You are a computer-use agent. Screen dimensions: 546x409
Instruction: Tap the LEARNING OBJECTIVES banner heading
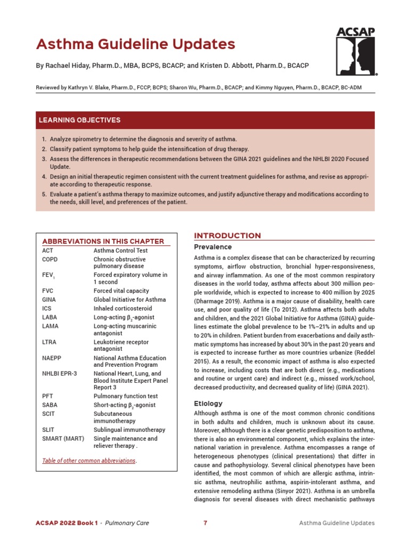pyautogui.click(x=79, y=120)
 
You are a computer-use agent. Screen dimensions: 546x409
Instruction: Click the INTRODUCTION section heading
pyautogui.click(x=227, y=236)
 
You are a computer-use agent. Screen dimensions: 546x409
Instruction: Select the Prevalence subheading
pyautogui.click(x=212, y=247)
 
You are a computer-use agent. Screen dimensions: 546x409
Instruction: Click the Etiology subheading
pyautogui.click(x=208, y=404)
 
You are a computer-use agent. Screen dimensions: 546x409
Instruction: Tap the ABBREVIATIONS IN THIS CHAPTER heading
pyautogui.click(x=103, y=241)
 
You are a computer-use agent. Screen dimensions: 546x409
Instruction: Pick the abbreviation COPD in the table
pyautogui.click(x=50, y=259)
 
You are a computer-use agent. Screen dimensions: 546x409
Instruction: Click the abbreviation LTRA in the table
pyautogui.click(x=49, y=342)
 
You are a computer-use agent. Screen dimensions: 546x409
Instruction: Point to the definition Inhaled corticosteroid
pyautogui.click(x=122, y=308)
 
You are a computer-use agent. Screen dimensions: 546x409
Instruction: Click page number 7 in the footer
pyautogui.click(x=205, y=523)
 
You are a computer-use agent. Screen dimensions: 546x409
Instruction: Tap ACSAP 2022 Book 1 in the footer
pyautogui.click(x=67, y=523)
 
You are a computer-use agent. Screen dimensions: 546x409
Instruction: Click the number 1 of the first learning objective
pyautogui.click(x=44, y=139)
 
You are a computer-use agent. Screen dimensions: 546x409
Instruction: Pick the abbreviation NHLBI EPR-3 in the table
pyautogui.click(x=60, y=373)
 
